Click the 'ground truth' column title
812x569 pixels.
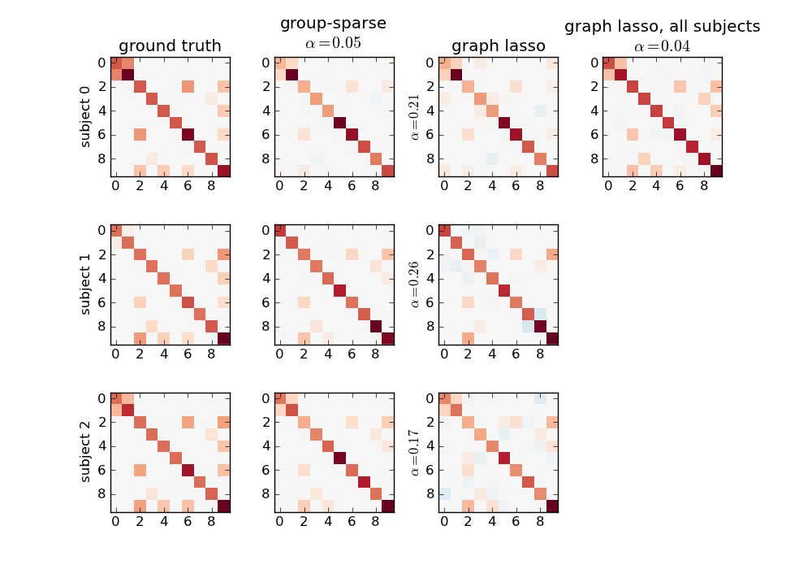point(170,46)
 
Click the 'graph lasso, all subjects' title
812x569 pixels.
point(662,27)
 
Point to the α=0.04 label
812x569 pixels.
point(662,46)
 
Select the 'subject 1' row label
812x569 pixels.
point(85,284)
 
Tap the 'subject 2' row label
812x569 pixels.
point(85,451)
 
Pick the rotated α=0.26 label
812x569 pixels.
point(415,284)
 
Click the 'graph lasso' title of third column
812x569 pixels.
point(498,46)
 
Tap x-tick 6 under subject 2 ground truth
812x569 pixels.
point(188,522)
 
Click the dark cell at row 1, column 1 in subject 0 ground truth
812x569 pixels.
point(128,75)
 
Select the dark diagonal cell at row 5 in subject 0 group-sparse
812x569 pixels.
point(340,123)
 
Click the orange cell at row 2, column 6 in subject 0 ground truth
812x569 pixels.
point(188,87)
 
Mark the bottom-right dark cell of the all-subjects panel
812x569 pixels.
point(715,171)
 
